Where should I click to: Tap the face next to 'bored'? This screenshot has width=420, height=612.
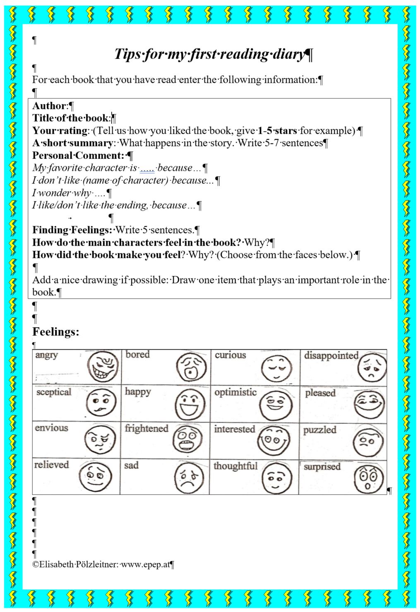[x=191, y=367]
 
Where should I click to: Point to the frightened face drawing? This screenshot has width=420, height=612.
[x=187, y=439]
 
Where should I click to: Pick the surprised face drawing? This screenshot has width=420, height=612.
[x=368, y=478]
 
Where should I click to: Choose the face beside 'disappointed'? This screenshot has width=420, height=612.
[x=372, y=367]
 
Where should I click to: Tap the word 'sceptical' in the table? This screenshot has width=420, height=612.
[x=54, y=392]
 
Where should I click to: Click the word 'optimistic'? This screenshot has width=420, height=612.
[x=235, y=392]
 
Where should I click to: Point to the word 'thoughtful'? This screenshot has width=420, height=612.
[x=235, y=466]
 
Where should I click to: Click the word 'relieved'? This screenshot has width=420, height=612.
[x=51, y=465]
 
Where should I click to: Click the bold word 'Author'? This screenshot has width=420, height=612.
[x=49, y=106]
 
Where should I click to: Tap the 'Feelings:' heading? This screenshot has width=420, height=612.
[x=56, y=332]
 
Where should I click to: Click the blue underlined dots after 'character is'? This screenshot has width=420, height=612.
[x=147, y=168]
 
